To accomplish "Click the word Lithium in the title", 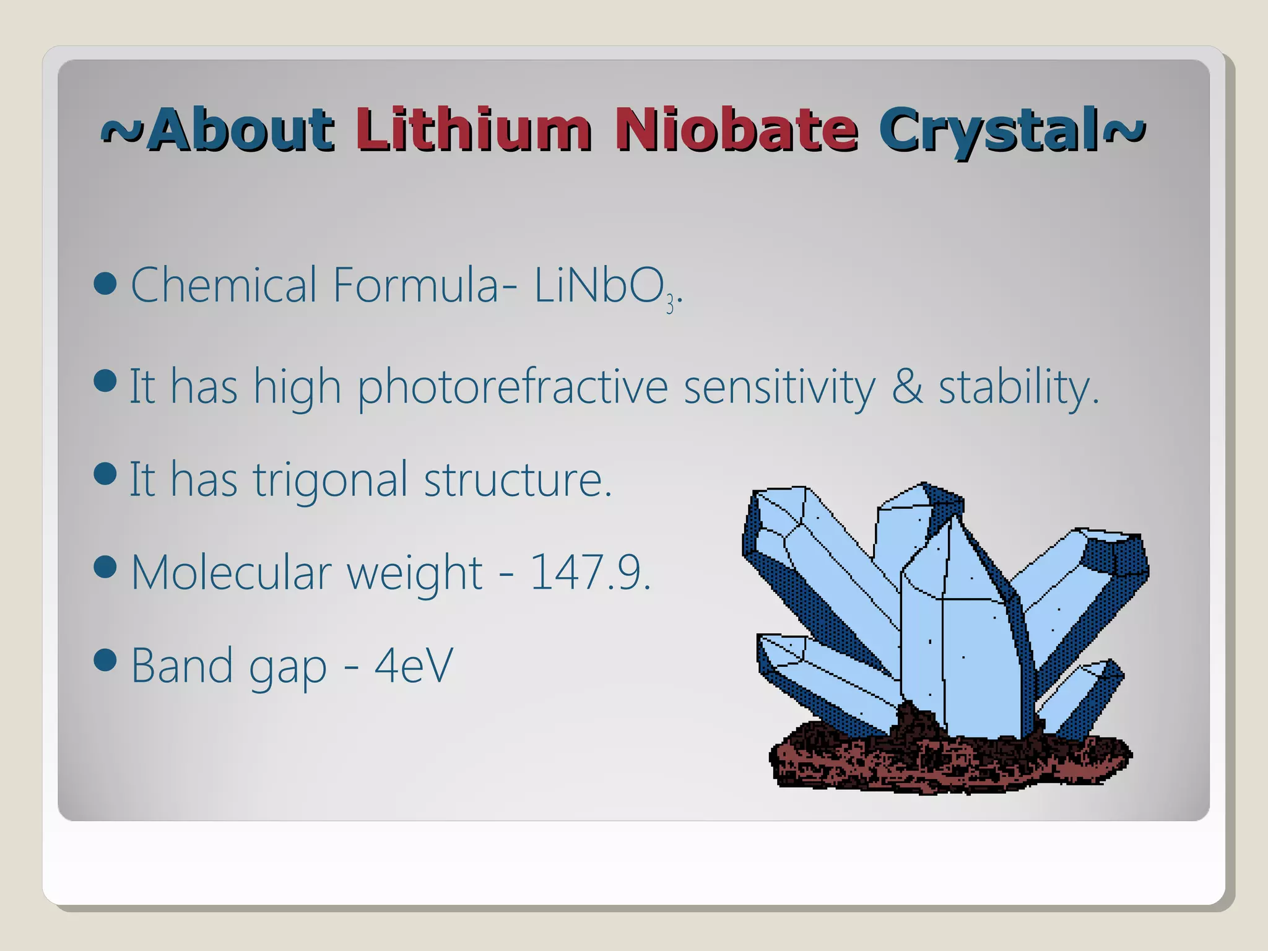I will (x=474, y=130).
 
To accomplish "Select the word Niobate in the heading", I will (x=737, y=130).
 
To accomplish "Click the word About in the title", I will (x=241, y=130).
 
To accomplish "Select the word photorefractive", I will (x=513, y=388).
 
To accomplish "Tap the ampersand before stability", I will (x=907, y=386).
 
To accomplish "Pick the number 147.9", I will (x=589, y=572).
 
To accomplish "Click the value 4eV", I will (x=414, y=665).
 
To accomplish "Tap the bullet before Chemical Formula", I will (x=105, y=284).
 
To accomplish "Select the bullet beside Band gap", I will (x=105, y=660).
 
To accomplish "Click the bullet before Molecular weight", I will (x=105, y=567).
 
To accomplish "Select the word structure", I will (x=518, y=480).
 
